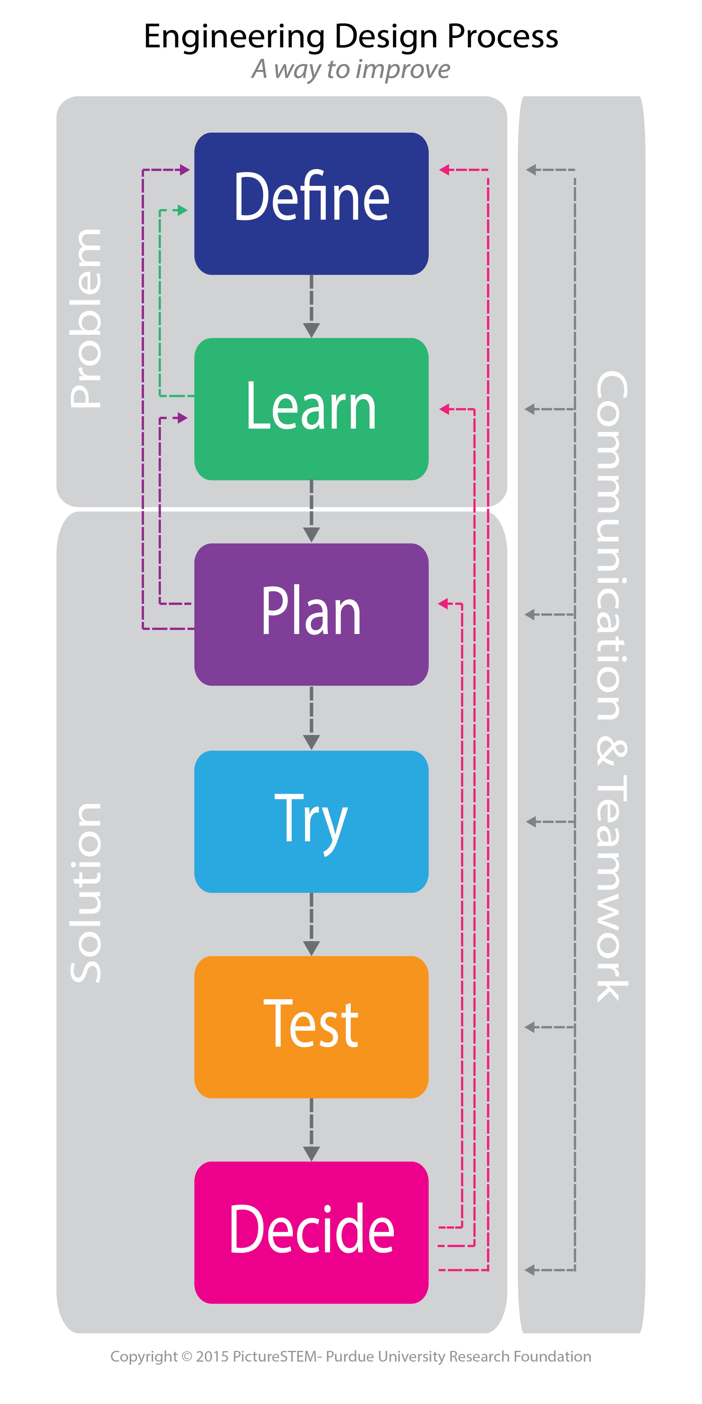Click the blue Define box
click(311, 203)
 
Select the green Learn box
click(311, 409)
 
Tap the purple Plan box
click(311, 614)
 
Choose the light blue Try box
click(311, 821)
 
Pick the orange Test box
click(311, 1027)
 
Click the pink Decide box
click(311, 1232)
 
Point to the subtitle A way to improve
click(351, 69)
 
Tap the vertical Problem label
click(86, 318)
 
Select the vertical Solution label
click(86, 893)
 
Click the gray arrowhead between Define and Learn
click(311, 330)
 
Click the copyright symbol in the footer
click(187, 1356)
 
